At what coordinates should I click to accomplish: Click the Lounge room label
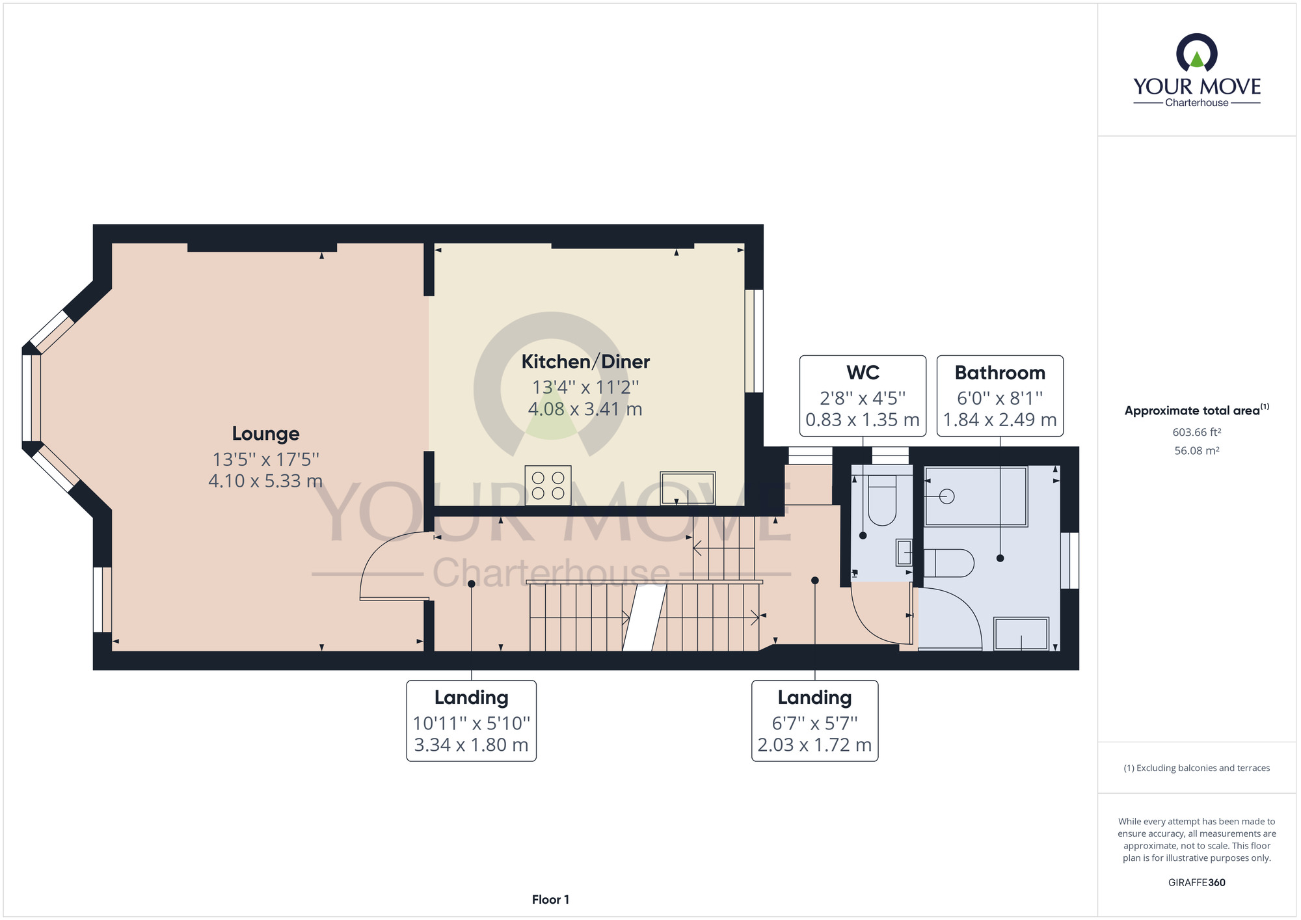[265, 434]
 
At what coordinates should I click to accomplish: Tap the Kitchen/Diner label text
[585, 362]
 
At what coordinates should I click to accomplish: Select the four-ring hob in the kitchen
[548, 485]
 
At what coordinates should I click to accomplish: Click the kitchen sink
[688, 488]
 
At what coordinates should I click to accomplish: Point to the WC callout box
[863, 396]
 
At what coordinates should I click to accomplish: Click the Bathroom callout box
[1000, 396]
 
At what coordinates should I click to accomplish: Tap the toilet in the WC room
[882, 500]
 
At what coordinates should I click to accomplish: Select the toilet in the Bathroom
[948, 563]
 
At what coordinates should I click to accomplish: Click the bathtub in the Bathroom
[976, 496]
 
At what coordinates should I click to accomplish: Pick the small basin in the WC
[904, 552]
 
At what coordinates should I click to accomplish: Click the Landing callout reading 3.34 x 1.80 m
[471, 721]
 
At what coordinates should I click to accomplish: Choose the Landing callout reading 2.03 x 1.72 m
[814, 721]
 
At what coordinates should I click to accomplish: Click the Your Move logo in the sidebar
[1197, 70]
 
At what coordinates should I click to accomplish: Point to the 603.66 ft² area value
[1197, 432]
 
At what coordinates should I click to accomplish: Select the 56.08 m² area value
[1197, 450]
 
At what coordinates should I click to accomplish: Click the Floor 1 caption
[550, 900]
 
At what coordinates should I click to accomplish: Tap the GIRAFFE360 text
[1197, 883]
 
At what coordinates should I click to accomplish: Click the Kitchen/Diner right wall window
[754, 341]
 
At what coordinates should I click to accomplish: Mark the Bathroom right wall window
[1070, 561]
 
